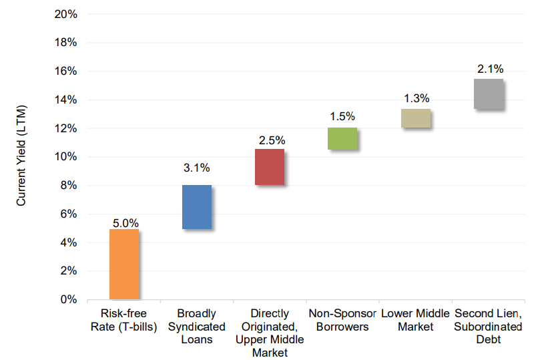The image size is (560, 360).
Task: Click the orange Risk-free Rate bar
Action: pos(124,264)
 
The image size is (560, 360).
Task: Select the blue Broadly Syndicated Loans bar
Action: pos(197,207)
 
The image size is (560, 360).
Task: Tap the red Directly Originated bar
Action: pos(270,167)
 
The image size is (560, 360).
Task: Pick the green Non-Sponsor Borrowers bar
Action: pos(342,138)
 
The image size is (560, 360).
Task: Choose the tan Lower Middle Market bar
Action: pos(415,118)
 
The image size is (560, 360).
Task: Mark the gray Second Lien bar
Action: pos(488,94)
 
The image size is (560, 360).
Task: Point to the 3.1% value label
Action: pos(197,168)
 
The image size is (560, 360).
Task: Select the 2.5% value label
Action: pos(272,140)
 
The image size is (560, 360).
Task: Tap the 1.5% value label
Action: pos(343,117)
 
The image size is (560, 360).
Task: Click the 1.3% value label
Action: pos(416,98)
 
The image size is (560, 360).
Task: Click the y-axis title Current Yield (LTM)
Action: pos(21,157)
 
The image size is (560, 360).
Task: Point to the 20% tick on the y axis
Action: pos(65,14)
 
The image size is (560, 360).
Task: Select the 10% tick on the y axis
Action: pos(65,157)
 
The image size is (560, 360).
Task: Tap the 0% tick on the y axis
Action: pos(67,299)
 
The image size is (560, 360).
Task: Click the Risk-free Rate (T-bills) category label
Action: pos(124,319)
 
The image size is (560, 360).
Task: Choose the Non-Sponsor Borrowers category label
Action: pos(342,319)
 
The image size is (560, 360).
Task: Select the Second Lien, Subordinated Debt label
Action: pos(488,326)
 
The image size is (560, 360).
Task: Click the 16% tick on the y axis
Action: pos(65,71)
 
